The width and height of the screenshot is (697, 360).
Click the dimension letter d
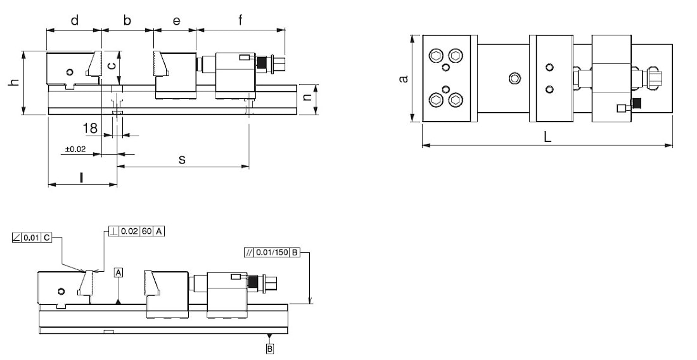(75, 20)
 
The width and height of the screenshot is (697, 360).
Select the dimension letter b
(127, 20)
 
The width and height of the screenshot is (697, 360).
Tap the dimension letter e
(177, 21)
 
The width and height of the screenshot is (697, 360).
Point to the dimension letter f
(241, 20)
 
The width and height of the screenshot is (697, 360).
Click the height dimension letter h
(15, 82)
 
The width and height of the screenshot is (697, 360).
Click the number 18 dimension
(90, 129)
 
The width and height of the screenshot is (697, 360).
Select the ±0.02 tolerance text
(75, 150)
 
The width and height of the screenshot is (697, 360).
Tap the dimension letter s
(182, 158)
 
